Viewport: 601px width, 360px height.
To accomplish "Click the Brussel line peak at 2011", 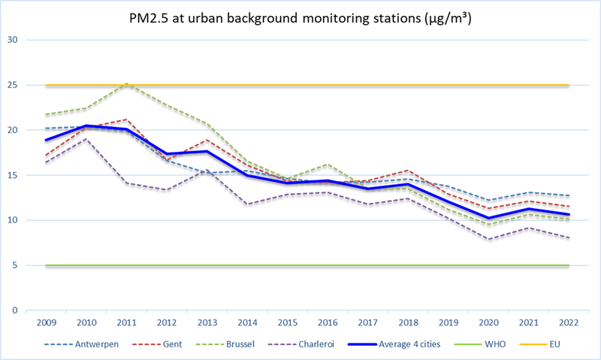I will [x=126, y=83].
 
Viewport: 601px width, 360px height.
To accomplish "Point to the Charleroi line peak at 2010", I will [x=86, y=139].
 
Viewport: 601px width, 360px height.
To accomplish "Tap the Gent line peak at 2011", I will [x=126, y=119].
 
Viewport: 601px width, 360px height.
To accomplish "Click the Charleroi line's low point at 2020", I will [x=488, y=239].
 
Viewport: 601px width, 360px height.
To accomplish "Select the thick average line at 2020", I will [x=488, y=218].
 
